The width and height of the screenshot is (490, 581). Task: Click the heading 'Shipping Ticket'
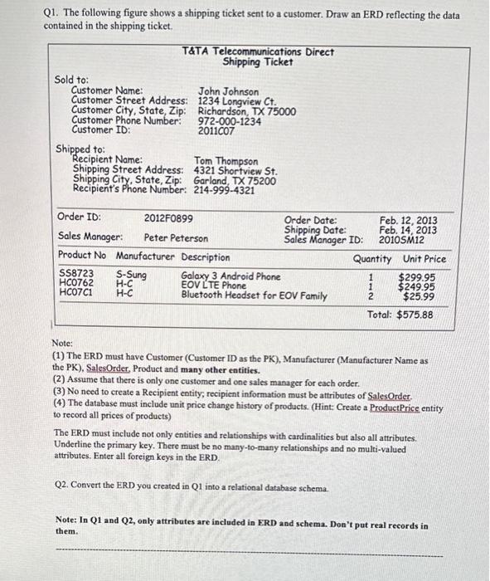[x=258, y=62]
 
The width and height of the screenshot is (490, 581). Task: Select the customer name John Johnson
[x=228, y=91]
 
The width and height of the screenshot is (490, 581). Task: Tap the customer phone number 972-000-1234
[x=230, y=121]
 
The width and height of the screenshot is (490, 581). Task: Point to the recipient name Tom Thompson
[x=226, y=161]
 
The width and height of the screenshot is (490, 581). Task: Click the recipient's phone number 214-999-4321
[x=224, y=189]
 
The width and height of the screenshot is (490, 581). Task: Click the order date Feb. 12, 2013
[x=408, y=220]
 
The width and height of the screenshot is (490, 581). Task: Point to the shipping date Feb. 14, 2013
[x=408, y=230]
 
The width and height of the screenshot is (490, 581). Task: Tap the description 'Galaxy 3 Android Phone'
[x=230, y=276]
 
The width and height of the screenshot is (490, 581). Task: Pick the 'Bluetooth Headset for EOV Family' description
[x=254, y=295]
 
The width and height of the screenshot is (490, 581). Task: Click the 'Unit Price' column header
[x=425, y=258]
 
